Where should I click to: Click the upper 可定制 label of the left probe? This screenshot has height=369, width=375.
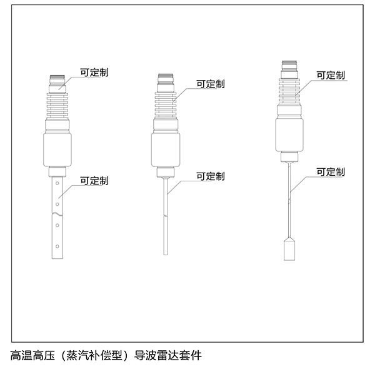pyautogui.click(x=94, y=73)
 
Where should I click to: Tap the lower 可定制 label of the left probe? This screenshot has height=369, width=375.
pyautogui.click(x=94, y=181)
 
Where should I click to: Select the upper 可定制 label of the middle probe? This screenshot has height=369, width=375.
pyautogui.click(x=211, y=83)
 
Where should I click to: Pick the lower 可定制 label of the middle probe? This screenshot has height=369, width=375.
pyautogui.click(x=211, y=176)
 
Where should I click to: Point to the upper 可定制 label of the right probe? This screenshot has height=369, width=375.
pyautogui.click(x=331, y=74)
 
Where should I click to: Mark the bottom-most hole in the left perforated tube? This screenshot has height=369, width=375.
pyautogui.click(x=57, y=245)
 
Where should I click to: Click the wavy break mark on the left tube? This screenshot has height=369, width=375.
pyautogui.click(x=57, y=216)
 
